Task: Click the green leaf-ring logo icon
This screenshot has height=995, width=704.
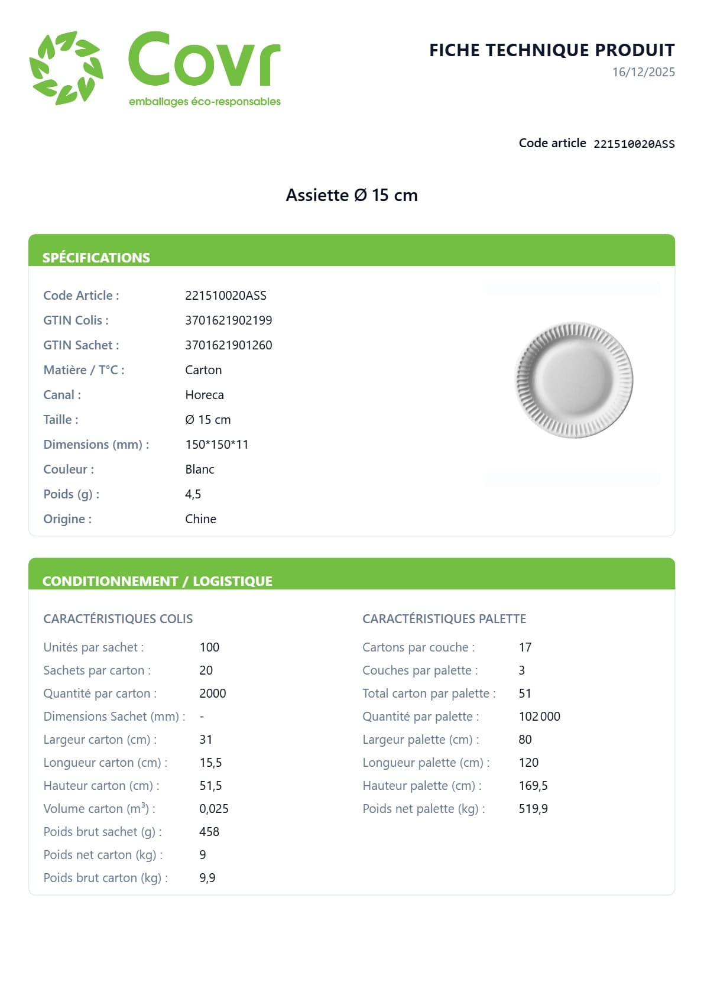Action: (x=66, y=67)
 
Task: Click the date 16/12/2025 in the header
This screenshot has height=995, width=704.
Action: (x=643, y=72)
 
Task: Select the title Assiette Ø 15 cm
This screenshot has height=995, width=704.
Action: (x=352, y=195)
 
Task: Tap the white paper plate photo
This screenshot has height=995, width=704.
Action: (x=574, y=380)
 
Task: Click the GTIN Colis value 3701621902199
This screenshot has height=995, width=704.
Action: (x=228, y=320)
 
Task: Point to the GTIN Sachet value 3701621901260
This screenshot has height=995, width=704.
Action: (x=228, y=345)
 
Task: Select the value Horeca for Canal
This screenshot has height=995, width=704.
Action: (x=204, y=395)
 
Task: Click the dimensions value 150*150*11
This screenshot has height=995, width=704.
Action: (x=216, y=445)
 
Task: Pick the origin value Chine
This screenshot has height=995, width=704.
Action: (x=200, y=519)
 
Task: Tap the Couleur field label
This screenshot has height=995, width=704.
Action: (x=69, y=469)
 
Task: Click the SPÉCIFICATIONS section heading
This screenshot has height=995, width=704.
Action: (x=96, y=258)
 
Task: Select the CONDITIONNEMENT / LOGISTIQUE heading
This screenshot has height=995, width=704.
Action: (x=157, y=581)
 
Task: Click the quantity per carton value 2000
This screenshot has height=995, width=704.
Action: (x=212, y=693)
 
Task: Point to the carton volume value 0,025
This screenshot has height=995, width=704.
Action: (x=213, y=809)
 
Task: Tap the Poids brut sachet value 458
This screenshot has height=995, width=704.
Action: (x=209, y=832)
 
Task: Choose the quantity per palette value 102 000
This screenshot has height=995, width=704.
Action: (x=539, y=717)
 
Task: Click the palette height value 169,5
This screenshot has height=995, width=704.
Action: (x=533, y=786)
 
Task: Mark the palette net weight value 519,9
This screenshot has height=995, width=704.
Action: (x=533, y=809)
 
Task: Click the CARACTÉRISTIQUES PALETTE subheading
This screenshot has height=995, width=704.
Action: (x=444, y=619)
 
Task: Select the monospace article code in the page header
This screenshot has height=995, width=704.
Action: (x=634, y=144)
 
